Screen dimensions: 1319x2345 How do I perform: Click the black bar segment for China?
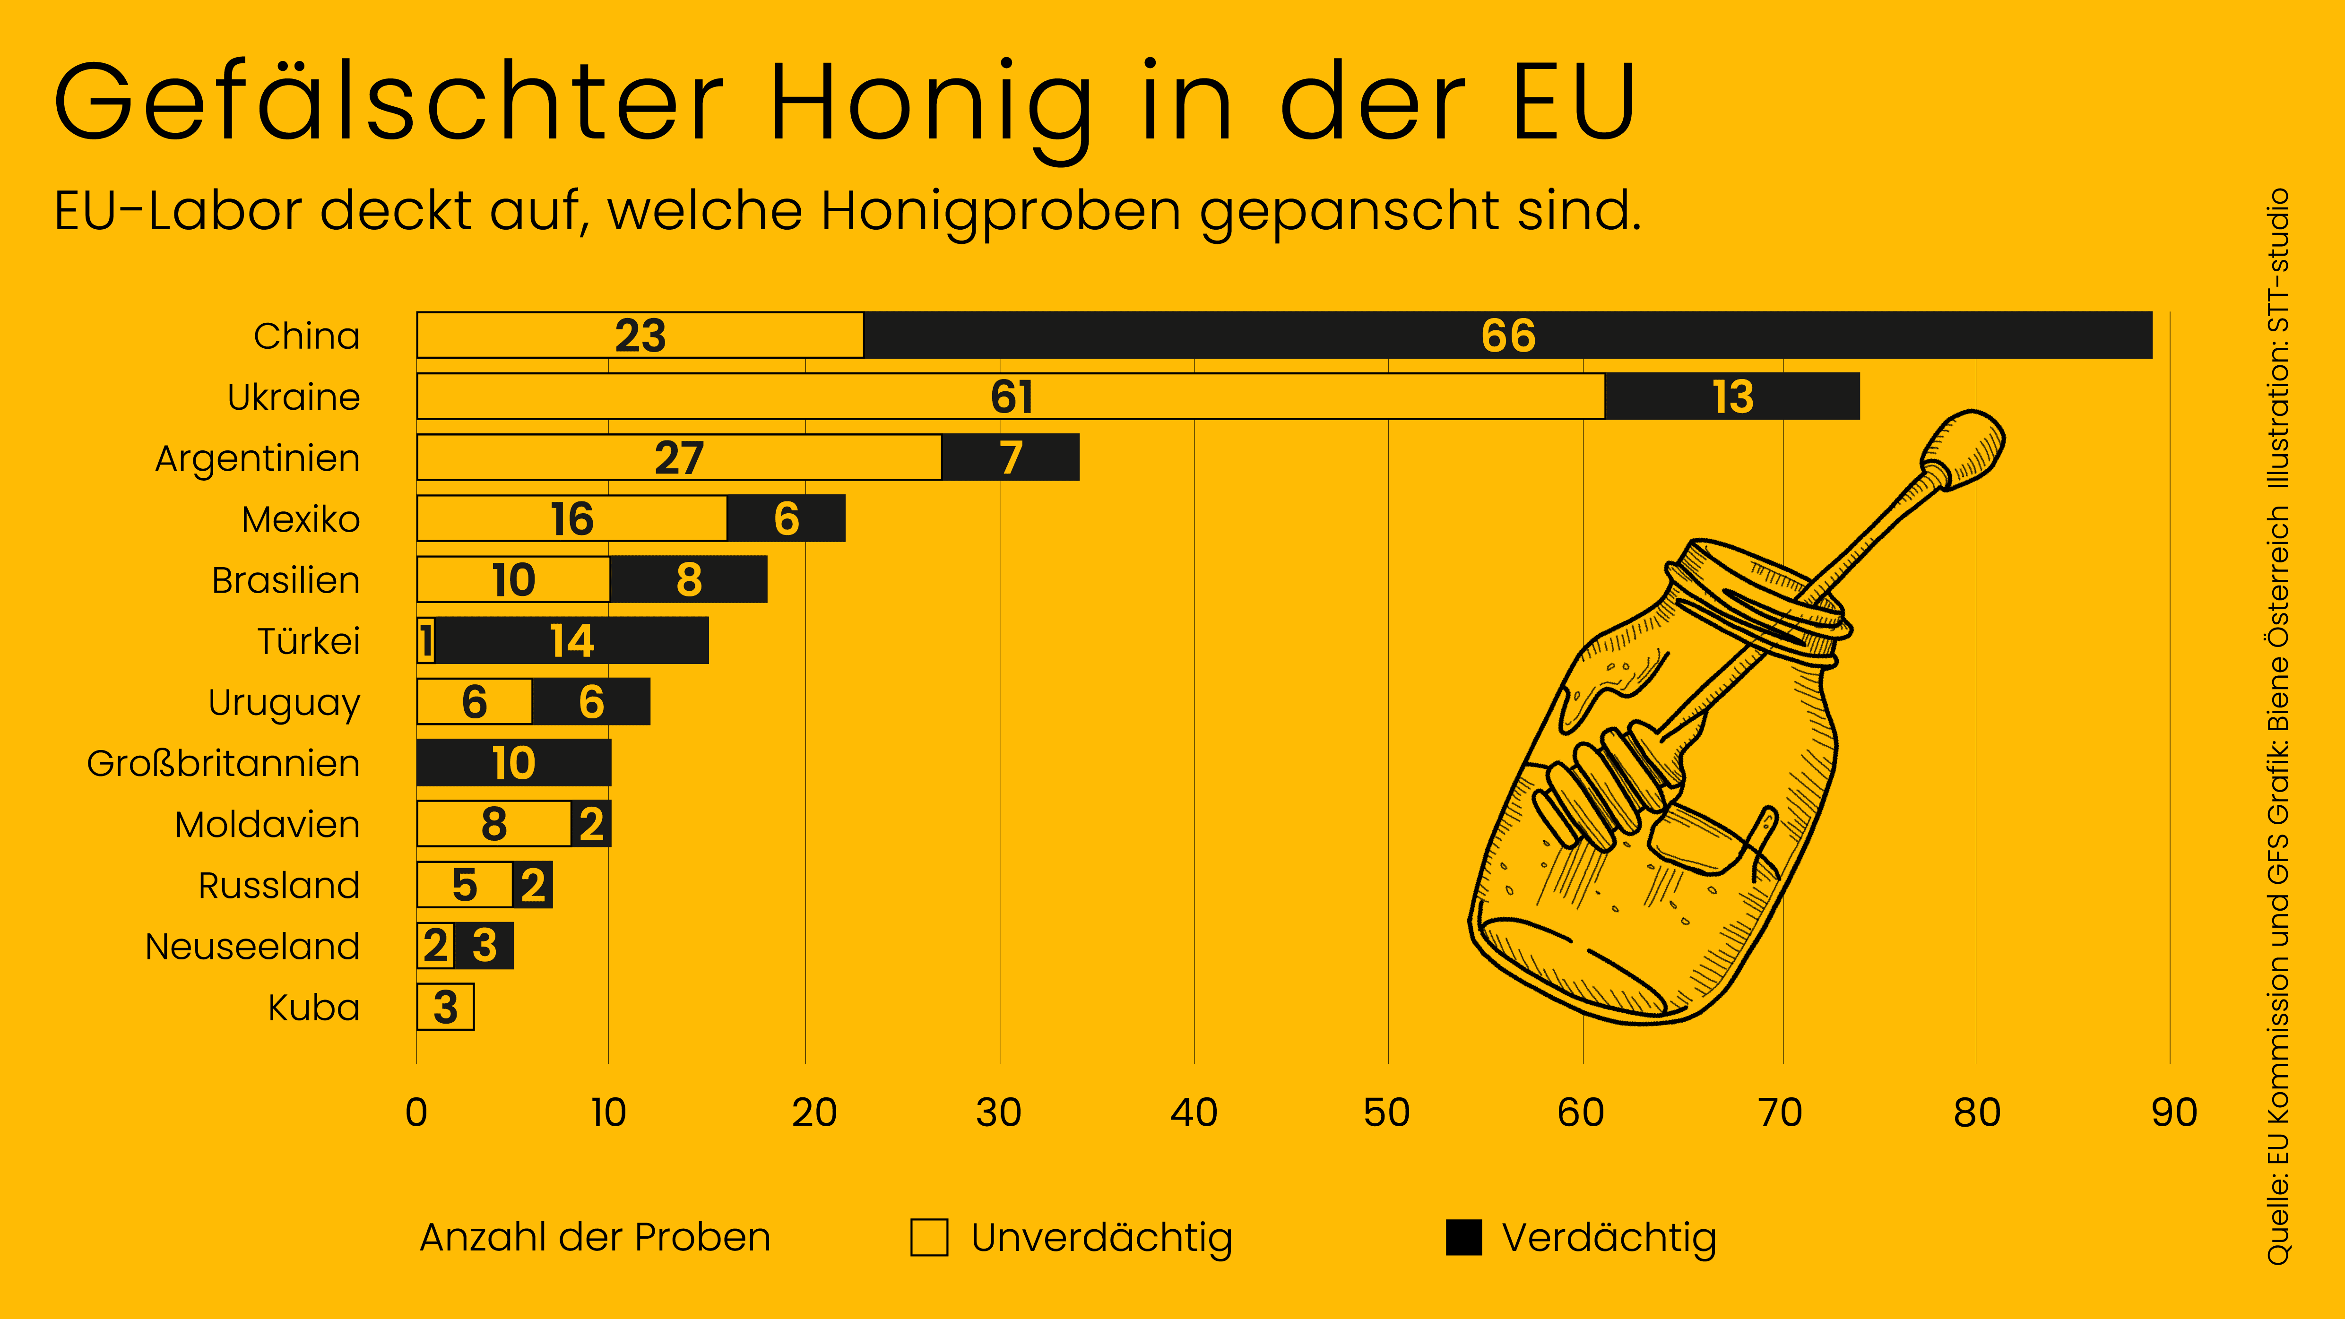pos(1507,335)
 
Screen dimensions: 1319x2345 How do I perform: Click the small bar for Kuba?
pos(445,1007)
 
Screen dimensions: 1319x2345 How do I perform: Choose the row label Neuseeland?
pos(252,947)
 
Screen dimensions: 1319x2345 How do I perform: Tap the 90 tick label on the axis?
pos(2174,1112)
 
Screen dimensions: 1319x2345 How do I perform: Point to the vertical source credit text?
pos(2277,728)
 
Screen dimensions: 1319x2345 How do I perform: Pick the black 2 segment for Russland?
pos(533,885)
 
